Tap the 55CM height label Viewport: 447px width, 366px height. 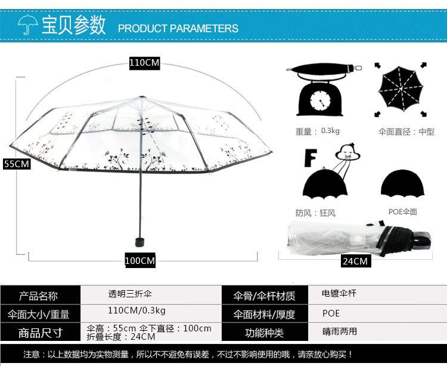click(x=16, y=164)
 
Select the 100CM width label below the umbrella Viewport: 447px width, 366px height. click(x=139, y=260)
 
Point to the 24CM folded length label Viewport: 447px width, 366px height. click(x=355, y=261)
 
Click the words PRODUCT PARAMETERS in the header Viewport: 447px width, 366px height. click(x=178, y=28)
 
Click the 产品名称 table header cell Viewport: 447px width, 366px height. click(x=39, y=296)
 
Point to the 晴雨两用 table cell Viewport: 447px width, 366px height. click(x=340, y=331)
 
